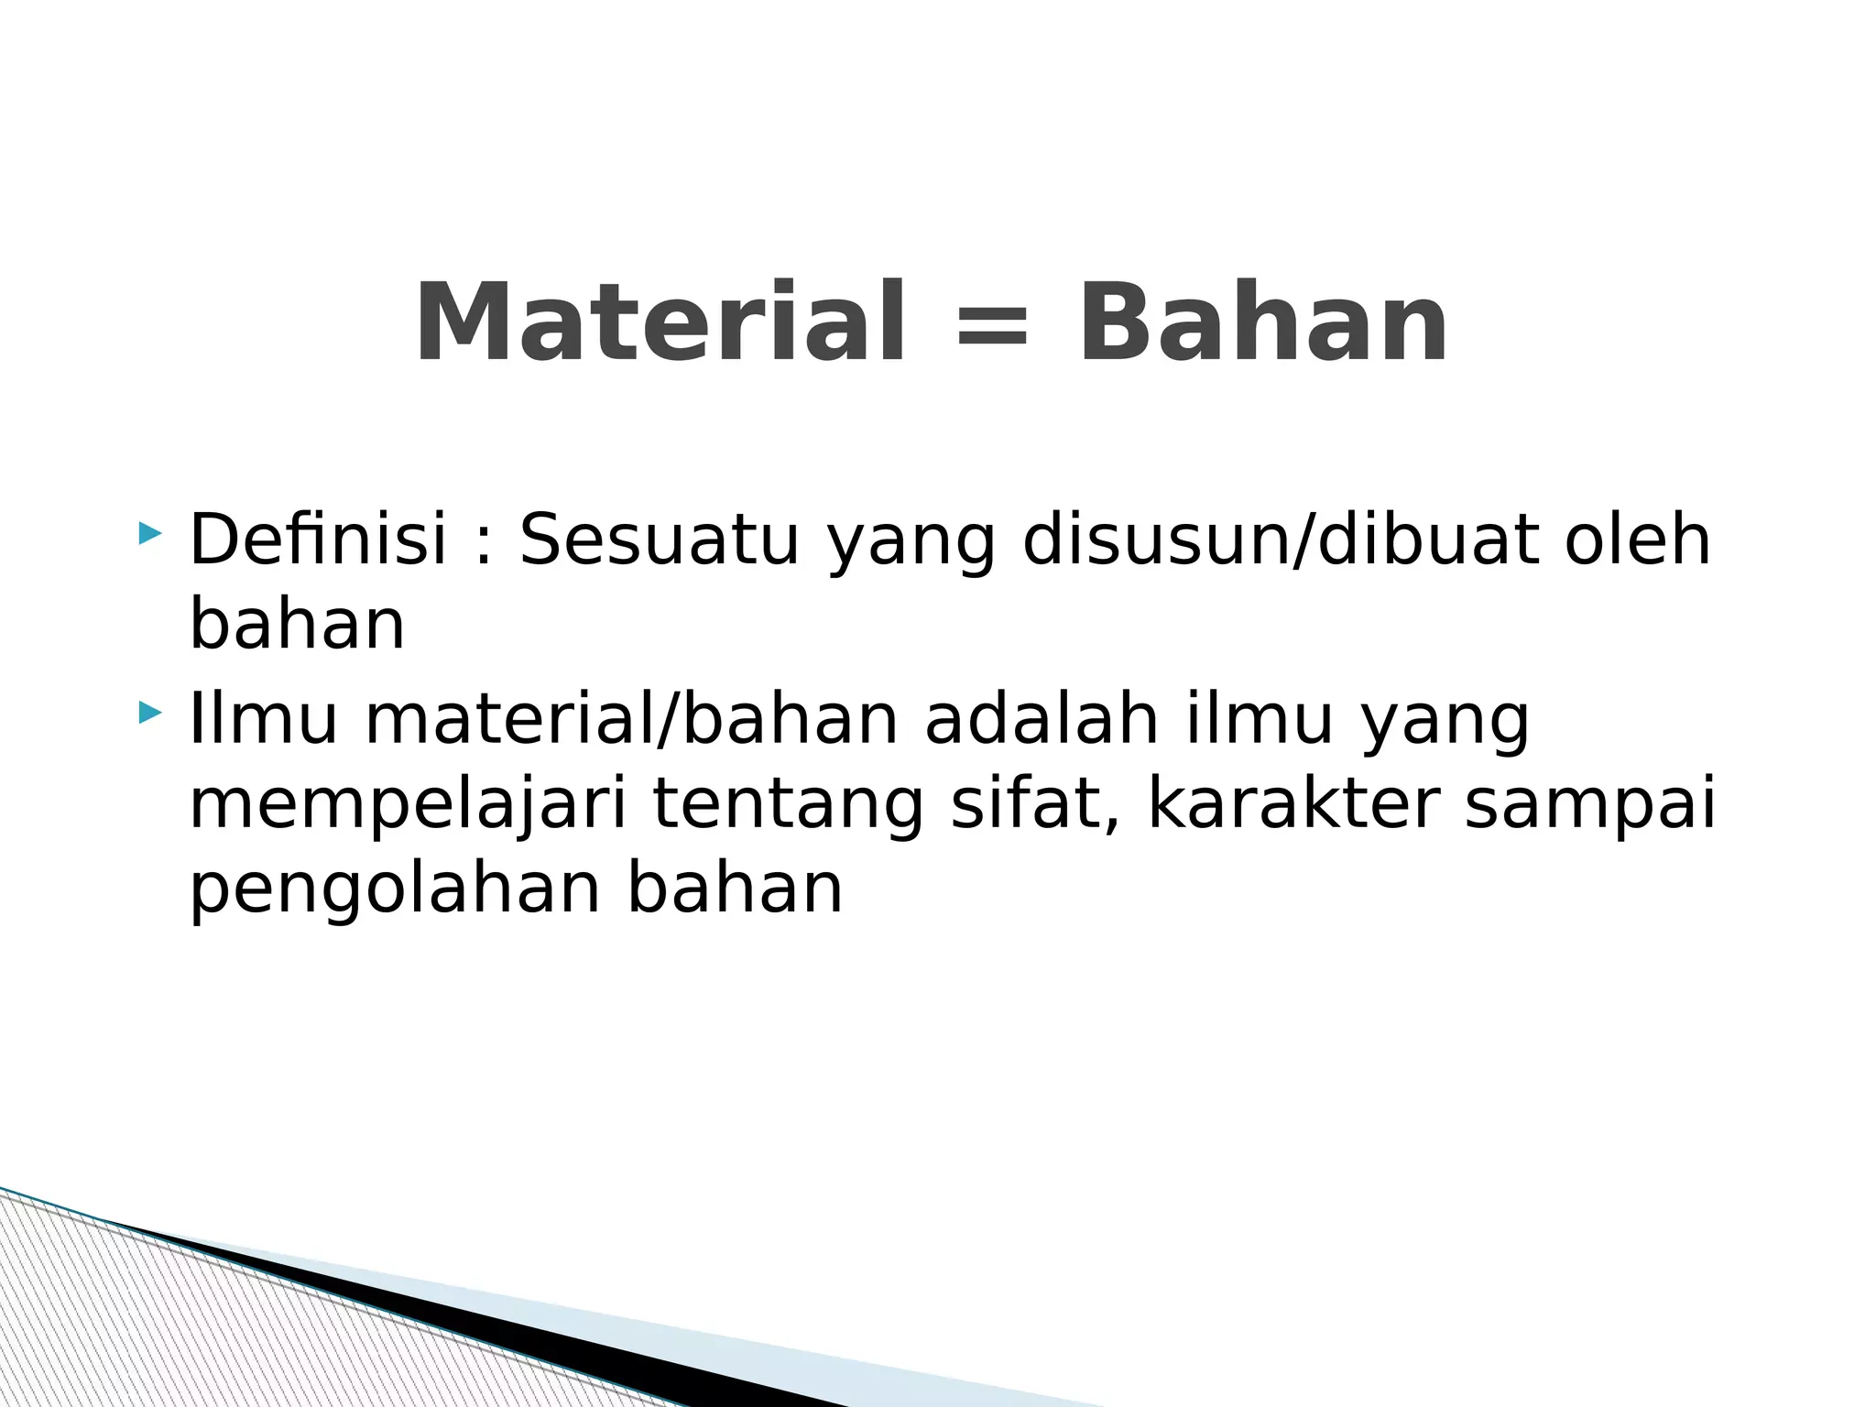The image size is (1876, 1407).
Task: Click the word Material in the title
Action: point(660,323)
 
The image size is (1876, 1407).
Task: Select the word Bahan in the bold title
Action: point(1263,323)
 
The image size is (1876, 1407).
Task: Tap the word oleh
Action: point(1637,540)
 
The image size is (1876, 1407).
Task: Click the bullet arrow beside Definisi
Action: point(149,532)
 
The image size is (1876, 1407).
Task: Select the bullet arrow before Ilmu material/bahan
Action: point(149,712)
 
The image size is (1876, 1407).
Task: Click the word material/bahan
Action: point(631,720)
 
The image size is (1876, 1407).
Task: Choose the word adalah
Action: point(1042,719)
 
